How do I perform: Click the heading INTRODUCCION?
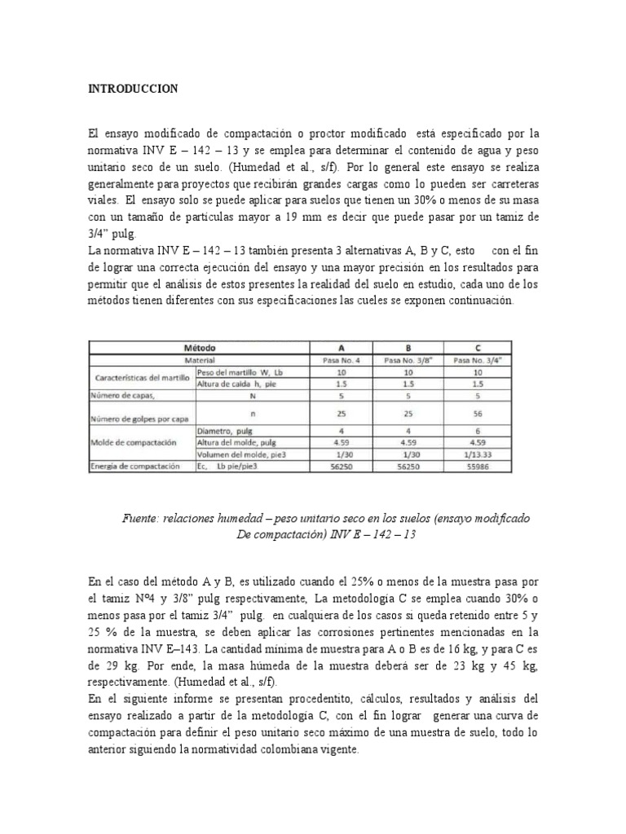pyautogui.click(x=132, y=89)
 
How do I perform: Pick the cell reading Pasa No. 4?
pyautogui.click(x=342, y=359)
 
